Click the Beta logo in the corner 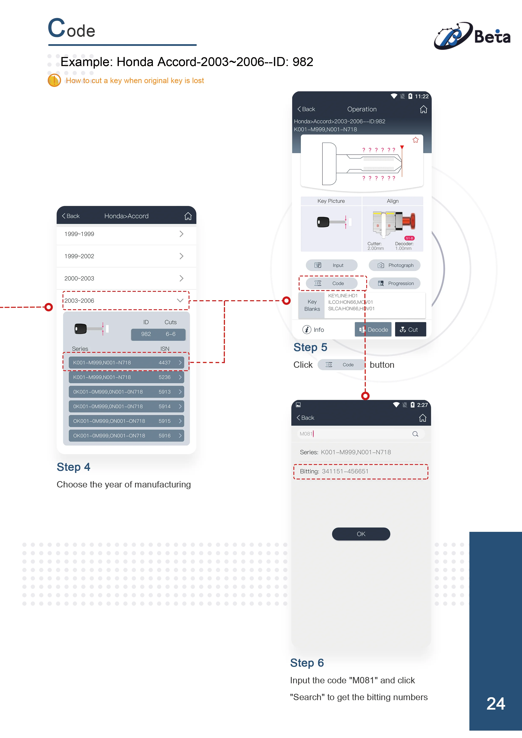(472, 36)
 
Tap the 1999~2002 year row (126, 256)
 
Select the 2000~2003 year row (126, 278)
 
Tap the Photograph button (395, 265)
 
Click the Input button (332, 265)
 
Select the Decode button (373, 329)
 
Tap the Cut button (410, 329)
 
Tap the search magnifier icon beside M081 (415, 434)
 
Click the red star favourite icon (415, 140)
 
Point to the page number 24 (496, 704)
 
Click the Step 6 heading (307, 663)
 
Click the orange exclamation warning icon (54, 80)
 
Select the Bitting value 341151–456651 (345, 471)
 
